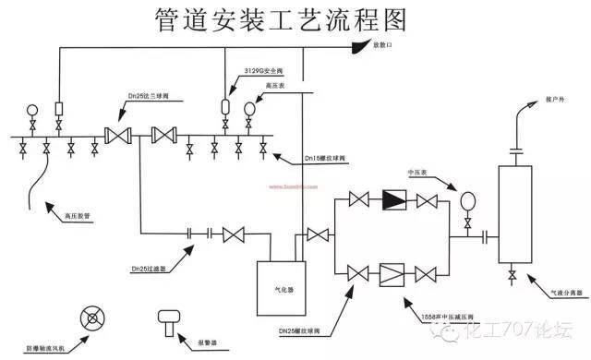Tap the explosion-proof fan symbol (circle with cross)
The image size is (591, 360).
point(90,320)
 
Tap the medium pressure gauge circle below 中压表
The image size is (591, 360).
point(467,200)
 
